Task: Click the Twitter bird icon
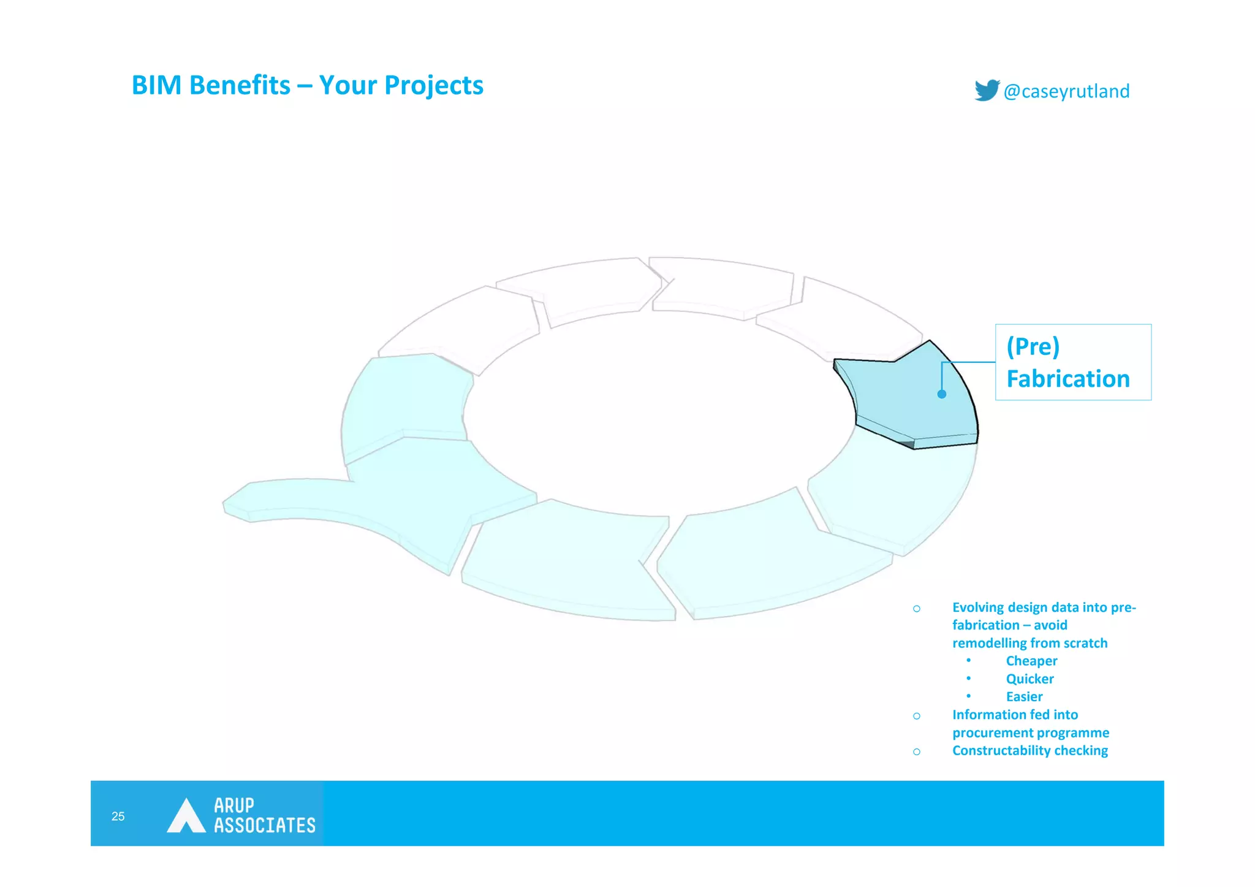[x=987, y=90]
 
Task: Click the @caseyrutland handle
[x=1066, y=91]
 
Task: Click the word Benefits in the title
[x=240, y=85]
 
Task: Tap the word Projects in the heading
[x=433, y=85]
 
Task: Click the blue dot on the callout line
[x=942, y=394]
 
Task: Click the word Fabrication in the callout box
[x=1067, y=379]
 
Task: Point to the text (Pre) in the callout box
[x=1033, y=346]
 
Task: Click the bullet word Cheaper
[x=1031, y=661]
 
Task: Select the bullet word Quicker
[x=1029, y=679]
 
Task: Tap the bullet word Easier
[x=1024, y=696]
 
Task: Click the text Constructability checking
[x=1029, y=750]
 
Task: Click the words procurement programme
[x=1030, y=733]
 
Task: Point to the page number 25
[x=118, y=816]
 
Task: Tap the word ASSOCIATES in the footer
[x=264, y=825]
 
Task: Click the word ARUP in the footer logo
[x=233, y=805]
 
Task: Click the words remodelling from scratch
[x=1029, y=643]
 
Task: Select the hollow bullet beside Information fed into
[x=916, y=716]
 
